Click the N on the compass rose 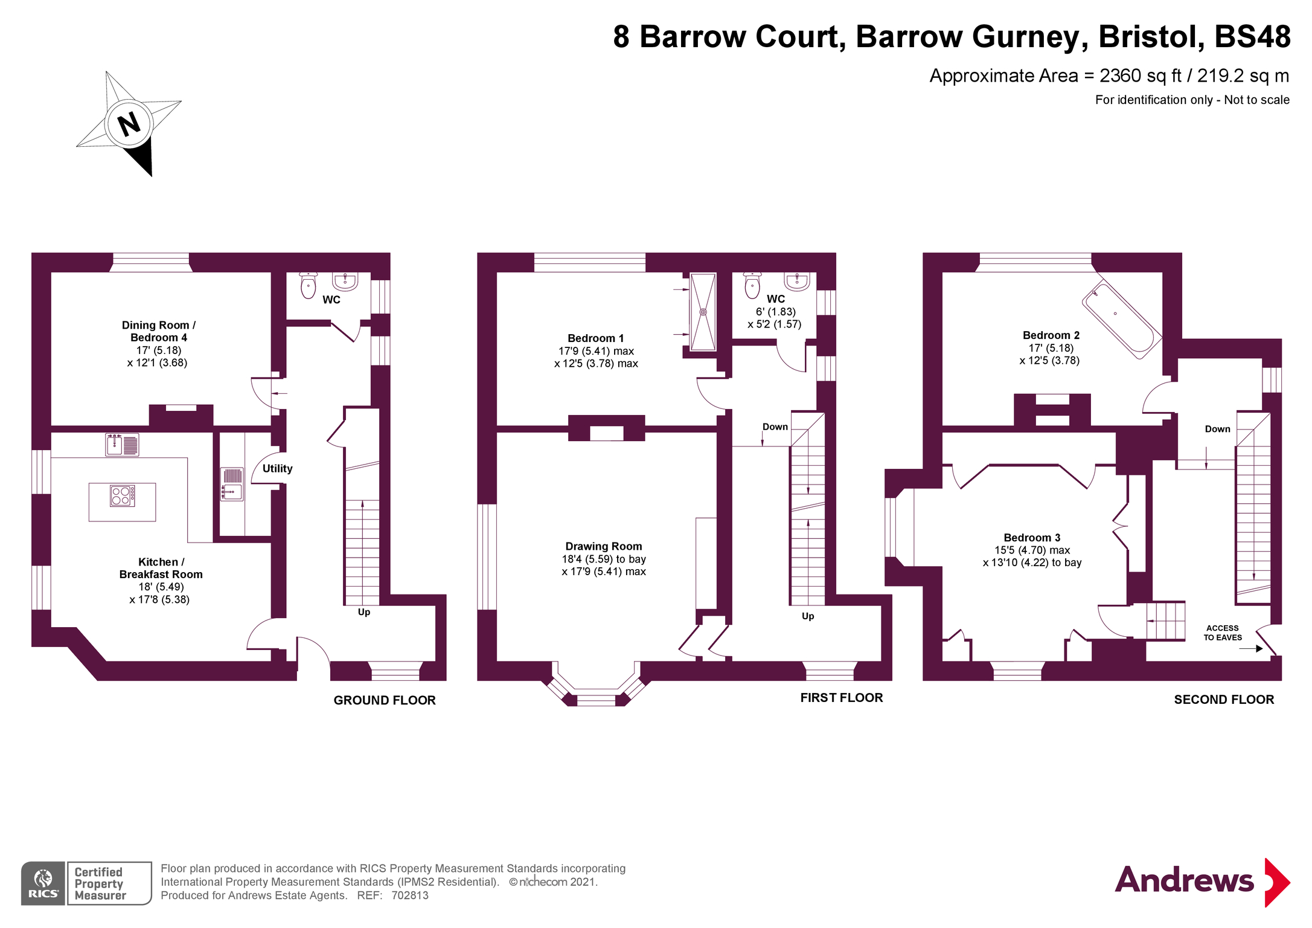(129, 124)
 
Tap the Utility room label (277, 468)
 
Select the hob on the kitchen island (122, 496)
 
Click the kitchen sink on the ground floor (122, 445)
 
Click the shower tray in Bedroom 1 (703, 312)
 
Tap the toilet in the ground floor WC (309, 286)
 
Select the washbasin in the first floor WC (796, 281)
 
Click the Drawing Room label (603, 546)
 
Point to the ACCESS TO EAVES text (1222, 633)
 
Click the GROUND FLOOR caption (384, 700)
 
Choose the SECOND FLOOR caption (1223, 700)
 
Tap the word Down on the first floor (775, 427)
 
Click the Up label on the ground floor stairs (363, 612)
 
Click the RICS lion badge (43, 883)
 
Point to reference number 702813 (409, 895)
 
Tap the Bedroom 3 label (1031, 538)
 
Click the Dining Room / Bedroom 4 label (158, 331)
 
